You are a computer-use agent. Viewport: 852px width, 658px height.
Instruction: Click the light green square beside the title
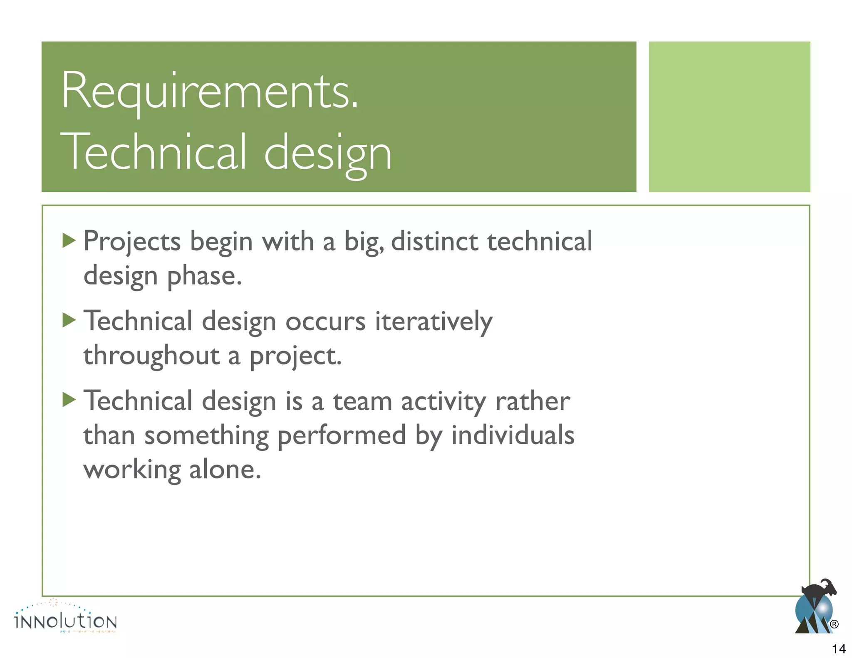tap(729, 116)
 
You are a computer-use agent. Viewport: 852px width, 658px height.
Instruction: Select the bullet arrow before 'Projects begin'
tap(69, 240)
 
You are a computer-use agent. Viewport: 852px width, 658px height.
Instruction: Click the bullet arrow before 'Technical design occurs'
tap(69, 320)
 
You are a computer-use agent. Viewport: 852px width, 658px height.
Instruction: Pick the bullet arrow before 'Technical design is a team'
tap(69, 400)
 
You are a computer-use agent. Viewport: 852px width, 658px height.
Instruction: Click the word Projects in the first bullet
tap(132, 242)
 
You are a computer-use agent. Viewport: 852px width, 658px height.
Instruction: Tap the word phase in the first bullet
tap(204, 276)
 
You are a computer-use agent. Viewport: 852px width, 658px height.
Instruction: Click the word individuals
tap(513, 435)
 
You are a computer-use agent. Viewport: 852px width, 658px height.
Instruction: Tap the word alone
tap(225, 470)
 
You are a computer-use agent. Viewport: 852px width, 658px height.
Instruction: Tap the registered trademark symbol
tap(834, 624)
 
